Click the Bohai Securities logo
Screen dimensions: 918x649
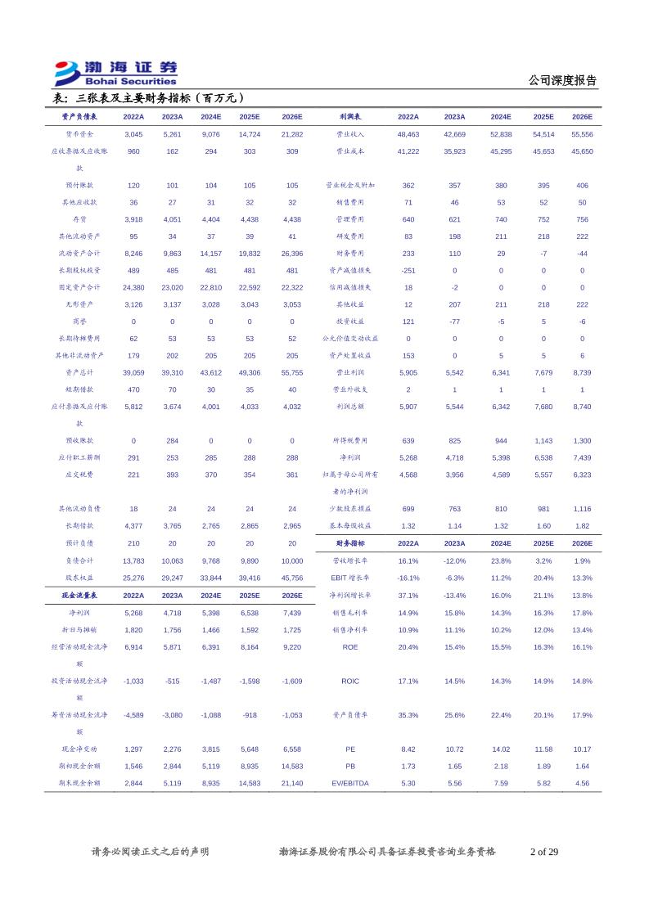point(115,74)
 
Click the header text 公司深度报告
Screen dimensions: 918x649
point(563,80)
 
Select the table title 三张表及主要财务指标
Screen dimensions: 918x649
point(148,98)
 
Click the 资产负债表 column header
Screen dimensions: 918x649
point(79,117)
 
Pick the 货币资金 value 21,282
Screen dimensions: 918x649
point(291,134)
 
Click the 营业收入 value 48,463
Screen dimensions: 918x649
point(408,134)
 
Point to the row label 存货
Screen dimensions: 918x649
point(79,219)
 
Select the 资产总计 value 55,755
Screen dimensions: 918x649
point(291,372)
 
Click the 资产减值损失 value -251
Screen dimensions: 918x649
point(408,270)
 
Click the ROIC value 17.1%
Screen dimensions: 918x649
point(408,681)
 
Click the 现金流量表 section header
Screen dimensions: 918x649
point(79,595)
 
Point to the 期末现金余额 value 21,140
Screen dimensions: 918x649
point(291,783)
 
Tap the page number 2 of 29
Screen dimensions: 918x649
point(544,852)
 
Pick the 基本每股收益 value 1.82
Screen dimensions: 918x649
point(582,526)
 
